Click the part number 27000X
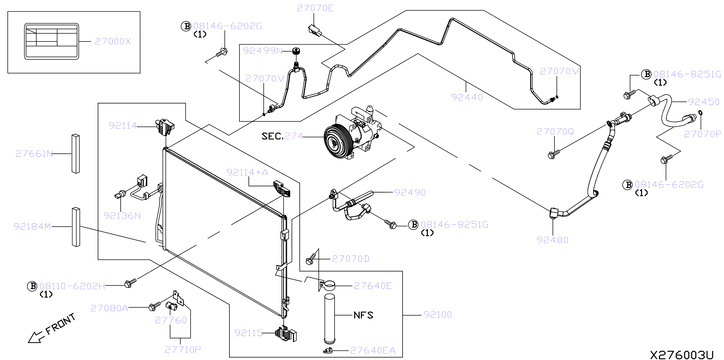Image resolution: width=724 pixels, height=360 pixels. (113, 41)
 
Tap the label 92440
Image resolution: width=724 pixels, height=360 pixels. (467, 97)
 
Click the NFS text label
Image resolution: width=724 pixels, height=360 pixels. (363, 315)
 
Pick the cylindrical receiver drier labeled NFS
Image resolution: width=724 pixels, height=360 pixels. (330, 319)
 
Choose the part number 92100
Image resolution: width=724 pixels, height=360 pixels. (438, 314)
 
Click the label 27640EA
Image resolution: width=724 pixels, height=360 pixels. (373, 351)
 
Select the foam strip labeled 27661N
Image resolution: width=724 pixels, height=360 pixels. (76, 154)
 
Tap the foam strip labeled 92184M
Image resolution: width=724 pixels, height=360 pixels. (76, 227)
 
